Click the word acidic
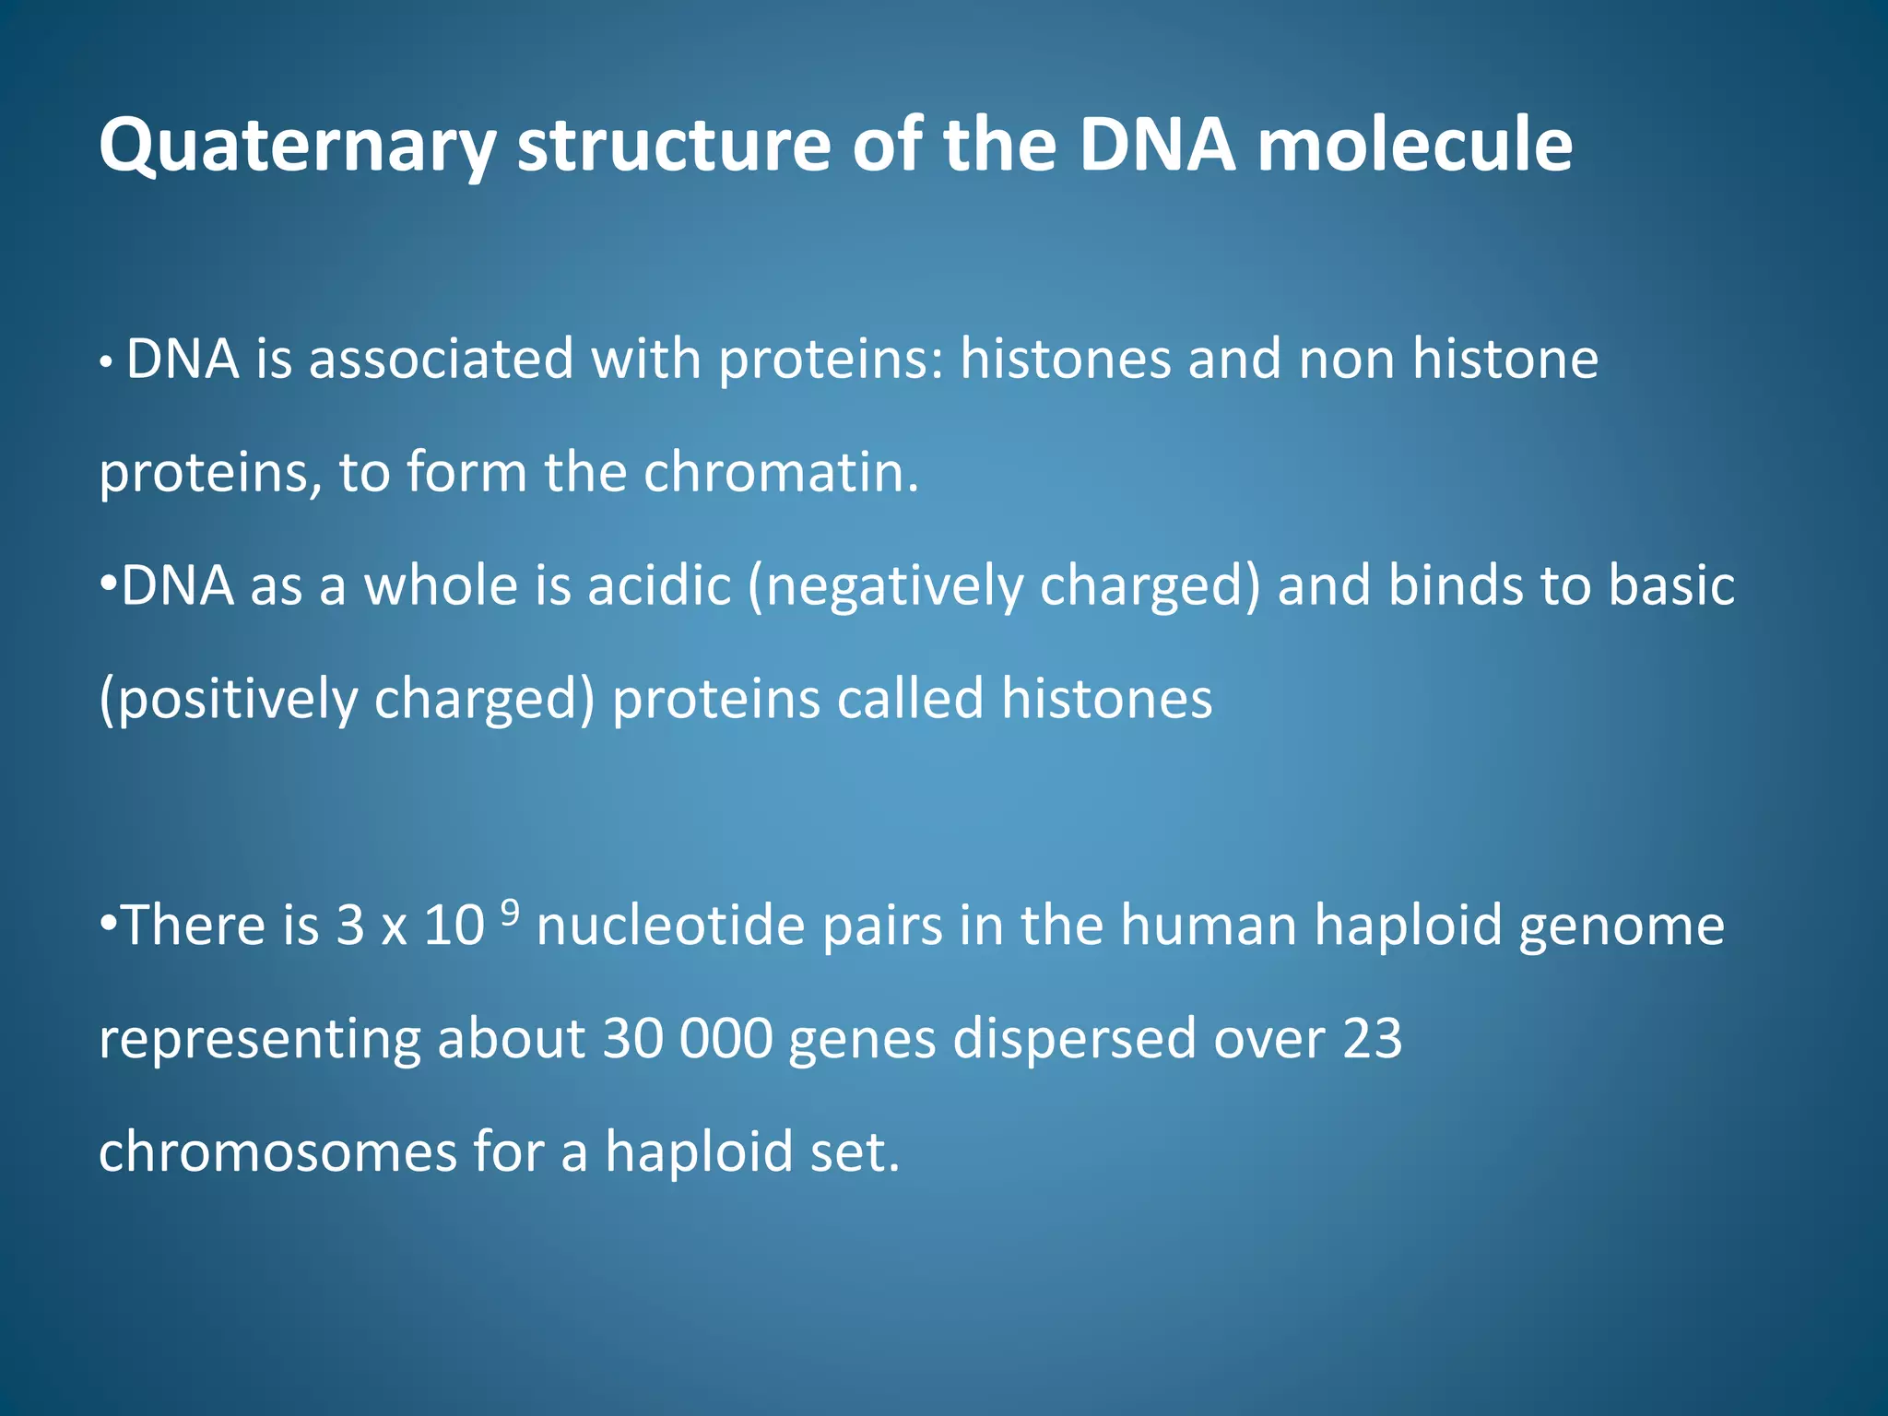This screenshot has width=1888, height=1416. point(659,585)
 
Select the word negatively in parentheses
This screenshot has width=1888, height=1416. point(894,587)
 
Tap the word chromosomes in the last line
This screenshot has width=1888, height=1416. point(277,1152)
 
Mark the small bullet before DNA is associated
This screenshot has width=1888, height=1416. point(107,364)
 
